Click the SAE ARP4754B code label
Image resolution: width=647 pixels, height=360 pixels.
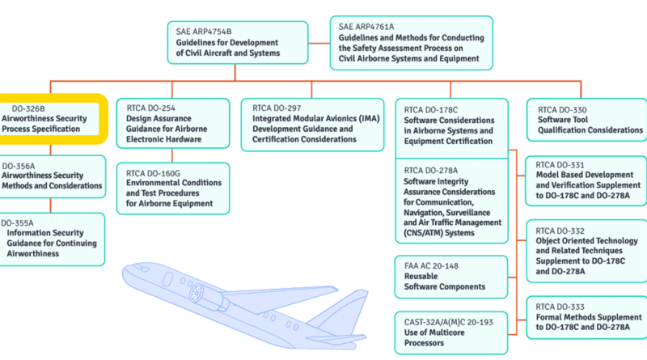point(204,32)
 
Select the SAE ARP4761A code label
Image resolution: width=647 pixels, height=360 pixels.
point(366,27)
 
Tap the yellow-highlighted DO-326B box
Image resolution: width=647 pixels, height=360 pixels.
point(53,119)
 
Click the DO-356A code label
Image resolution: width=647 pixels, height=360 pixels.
point(19,166)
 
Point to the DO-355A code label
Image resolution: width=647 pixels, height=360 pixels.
point(17,223)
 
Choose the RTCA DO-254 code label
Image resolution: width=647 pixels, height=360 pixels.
point(150,108)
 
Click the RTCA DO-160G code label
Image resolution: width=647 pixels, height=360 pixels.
point(153,173)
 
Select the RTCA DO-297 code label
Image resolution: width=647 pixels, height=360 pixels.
point(277,108)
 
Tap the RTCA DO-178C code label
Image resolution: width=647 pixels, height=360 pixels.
point(431,110)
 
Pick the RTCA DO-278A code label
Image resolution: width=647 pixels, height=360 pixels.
point(431,170)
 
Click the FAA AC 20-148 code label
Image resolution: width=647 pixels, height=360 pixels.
point(431,266)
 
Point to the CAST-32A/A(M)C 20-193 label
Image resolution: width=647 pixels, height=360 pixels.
point(449,322)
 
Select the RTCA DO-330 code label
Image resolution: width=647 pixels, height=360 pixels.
point(562,110)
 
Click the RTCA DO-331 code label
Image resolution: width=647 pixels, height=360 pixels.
point(560,165)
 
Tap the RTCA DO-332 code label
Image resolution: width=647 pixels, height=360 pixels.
point(560,231)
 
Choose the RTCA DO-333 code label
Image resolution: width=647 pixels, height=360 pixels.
point(560,307)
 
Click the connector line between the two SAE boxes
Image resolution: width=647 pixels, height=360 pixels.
point(319,43)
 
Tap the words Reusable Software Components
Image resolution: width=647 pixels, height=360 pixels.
point(444,282)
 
